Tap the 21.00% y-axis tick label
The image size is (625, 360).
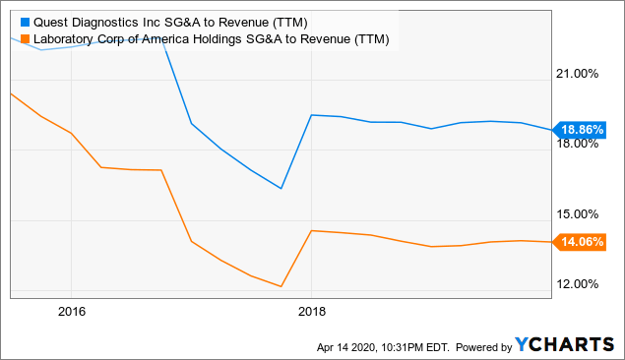(x=579, y=74)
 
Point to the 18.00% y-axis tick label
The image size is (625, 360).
(x=579, y=144)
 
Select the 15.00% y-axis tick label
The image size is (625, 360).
(x=579, y=214)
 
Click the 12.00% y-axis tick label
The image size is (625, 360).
(x=579, y=284)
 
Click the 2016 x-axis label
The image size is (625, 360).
(x=71, y=311)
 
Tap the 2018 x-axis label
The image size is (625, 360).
(x=311, y=311)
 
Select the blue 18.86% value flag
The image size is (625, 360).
(x=582, y=129)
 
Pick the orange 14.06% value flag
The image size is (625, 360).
(x=582, y=241)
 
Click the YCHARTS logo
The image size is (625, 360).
(x=563, y=345)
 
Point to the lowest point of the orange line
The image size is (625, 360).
(x=281, y=287)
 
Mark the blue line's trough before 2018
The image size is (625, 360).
(x=281, y=189)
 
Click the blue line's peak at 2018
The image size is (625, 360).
(x=311, y=115)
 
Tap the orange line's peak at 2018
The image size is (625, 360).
(x=311, y=230)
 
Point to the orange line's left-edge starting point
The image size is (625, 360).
(x=10, y=93)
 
